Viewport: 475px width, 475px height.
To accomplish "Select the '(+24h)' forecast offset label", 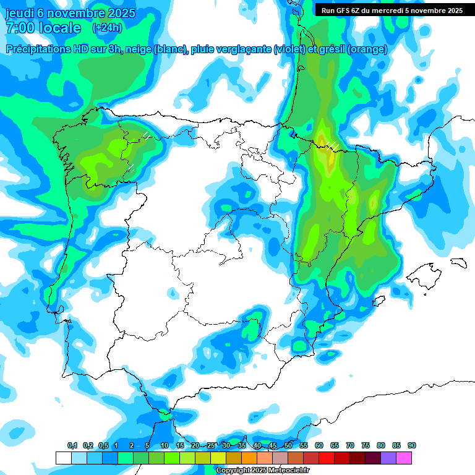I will [107, 28].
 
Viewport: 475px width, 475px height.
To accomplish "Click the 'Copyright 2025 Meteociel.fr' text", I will [262, 471].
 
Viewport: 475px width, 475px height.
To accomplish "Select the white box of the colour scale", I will [63, 458].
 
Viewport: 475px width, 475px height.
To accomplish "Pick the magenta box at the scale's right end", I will [404, 458].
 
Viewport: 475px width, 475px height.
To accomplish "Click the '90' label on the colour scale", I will [412, 445].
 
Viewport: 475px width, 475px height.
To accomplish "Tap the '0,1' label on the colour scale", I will [72, 445].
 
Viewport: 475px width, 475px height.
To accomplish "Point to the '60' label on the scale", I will [319, 445].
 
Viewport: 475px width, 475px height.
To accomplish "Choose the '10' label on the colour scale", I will [165, 445].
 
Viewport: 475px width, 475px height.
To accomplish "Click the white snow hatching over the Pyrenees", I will [333, 145].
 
